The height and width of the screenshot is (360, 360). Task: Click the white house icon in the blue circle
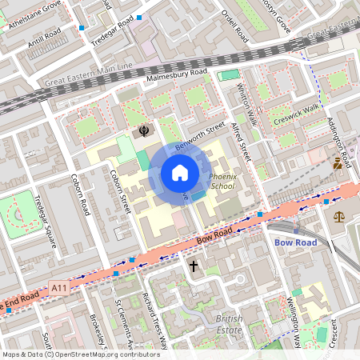click(180, 173)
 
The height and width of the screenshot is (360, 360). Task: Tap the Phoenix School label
click(222, 181)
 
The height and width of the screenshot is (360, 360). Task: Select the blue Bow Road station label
click(295, 242)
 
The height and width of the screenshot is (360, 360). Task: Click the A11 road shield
click(58, 286)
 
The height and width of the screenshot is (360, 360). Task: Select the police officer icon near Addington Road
click(338, 164)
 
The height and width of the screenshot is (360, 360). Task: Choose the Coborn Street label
click(121, 191)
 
